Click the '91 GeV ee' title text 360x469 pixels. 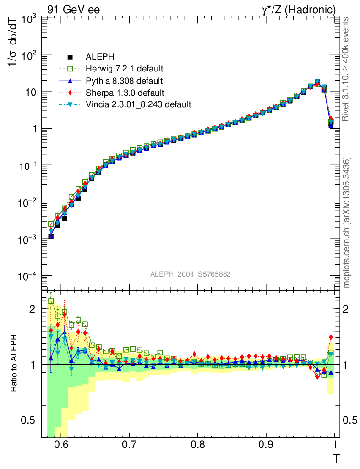[x=73, y=9]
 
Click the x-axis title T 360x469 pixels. [x=336, y=458]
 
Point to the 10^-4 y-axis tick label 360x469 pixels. [x=27, y=276]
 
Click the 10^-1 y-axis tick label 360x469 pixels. [x=27, y=166]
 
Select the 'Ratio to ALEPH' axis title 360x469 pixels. [x=14, y=364]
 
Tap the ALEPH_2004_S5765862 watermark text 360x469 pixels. [x=191, y=274]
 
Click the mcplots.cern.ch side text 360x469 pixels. [x=348, y=223]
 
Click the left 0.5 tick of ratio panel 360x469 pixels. [x=32, y=420]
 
